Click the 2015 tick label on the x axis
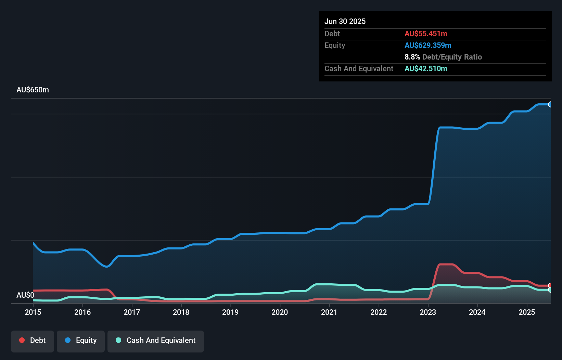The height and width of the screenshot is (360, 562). [x=33, y=312]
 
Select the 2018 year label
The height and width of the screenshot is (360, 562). [x=181, y=312]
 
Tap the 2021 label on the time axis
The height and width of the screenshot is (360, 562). [x=329, y=312]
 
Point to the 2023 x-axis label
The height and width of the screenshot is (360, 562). [x=428, y=312]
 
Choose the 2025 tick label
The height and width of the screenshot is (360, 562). [x=527, y=312]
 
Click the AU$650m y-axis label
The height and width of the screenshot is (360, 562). [x=33, y=90]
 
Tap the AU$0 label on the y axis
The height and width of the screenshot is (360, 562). [x=25, y=295]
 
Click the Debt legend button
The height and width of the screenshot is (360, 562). [x=33, y=340]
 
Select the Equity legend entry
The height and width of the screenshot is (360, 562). [x=81, y=340]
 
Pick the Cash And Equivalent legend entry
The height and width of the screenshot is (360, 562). [x=156, y=340]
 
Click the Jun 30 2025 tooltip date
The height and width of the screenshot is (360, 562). [x=345, y=21]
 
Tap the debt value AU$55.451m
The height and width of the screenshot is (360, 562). [x=426, y=34]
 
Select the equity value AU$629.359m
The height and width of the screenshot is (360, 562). [x=428, y=45]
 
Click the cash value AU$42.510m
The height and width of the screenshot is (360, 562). [x=426, y=68]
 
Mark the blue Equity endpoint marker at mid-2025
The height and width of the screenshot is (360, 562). [x=550, y=104]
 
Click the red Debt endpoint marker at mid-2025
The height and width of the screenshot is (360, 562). [x=550, y=285]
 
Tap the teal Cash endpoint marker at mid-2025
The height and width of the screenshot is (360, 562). [x=550, y=290]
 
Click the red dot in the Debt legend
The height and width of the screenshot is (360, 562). [x=22, y=340]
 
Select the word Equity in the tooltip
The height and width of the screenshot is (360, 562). [x=335, y=45]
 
